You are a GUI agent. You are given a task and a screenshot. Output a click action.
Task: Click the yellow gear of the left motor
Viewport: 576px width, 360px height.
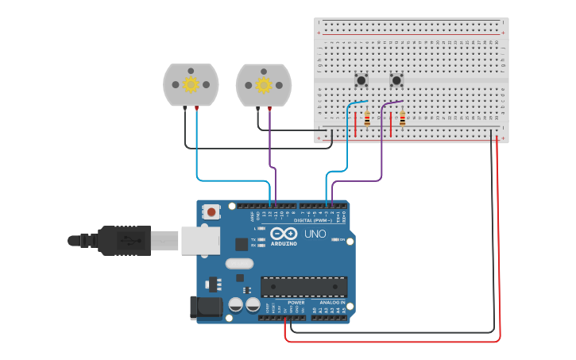click(191, 83)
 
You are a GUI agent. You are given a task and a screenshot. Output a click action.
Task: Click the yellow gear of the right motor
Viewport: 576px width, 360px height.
click(263, 83)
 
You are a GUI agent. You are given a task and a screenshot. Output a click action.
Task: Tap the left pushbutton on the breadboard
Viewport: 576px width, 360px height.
click(361, 79)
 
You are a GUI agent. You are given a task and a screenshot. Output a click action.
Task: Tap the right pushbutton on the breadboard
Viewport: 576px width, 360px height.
click(396, 79)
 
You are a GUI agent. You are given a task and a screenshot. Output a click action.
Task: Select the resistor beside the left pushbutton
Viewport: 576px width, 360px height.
click(367, 118)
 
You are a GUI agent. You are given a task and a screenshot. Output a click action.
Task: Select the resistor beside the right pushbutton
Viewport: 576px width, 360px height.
click(402, 118)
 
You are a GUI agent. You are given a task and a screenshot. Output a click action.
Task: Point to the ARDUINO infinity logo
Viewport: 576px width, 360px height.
click(284, 234)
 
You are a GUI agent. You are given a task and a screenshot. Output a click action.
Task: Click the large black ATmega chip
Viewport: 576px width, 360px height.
click(303, 286)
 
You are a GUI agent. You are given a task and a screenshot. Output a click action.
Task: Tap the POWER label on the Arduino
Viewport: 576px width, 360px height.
click(296, 303)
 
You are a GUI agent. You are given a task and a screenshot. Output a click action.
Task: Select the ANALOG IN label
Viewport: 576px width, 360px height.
click(332, 303)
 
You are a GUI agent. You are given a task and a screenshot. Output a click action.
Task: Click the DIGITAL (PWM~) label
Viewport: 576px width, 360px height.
click(322, 220)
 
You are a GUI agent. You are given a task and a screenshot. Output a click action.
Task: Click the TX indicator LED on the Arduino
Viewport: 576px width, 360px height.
click(262, 239)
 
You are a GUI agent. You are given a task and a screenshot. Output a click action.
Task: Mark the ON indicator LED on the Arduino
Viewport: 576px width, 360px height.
click(336, 239)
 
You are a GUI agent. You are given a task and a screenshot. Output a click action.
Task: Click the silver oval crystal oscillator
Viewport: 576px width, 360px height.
click(239, 263)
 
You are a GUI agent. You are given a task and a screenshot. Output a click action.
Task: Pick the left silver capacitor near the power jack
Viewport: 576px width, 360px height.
click(236, 304)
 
